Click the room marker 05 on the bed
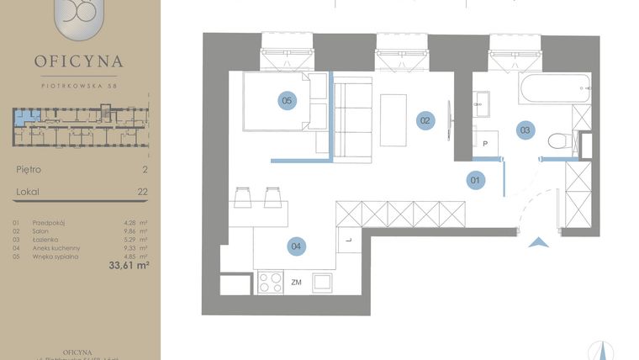tap(287, 101)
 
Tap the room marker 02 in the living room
tap(425, 120)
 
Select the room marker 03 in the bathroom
tap(525, 130)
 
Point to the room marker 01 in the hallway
tap(475, 178)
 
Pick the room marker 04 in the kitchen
tap(295, 246)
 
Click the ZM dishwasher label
tap(296, 283)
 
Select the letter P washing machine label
tap(485, 144)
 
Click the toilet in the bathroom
tap(557, 141)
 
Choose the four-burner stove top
tap(271, 283)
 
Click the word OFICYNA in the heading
tap(80, 61)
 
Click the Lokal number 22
tap(142, 192)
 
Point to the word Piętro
tap(29, 169)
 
